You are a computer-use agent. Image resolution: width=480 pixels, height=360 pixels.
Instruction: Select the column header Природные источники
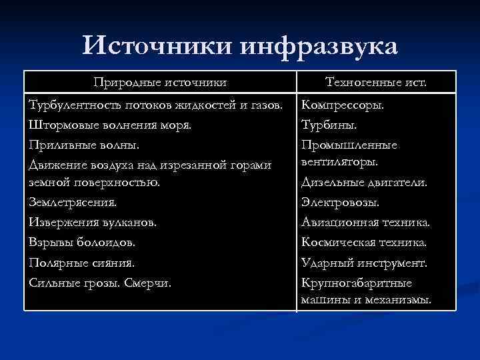(x=160, y=82)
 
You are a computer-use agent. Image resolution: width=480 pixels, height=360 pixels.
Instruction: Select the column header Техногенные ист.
(x=377, y=82)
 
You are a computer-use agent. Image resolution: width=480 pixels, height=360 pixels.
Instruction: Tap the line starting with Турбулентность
(x=156, y=105)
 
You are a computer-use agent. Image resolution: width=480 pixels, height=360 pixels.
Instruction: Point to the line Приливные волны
(x=75, y=145)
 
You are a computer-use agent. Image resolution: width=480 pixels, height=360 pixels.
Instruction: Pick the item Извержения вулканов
(x=93, y=222)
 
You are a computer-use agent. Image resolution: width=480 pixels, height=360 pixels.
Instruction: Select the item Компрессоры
(x=343, y=105)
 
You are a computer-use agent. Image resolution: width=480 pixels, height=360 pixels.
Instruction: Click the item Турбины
(x=329, y=125)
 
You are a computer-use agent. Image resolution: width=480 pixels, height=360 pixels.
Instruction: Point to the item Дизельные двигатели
(x=364, y=182)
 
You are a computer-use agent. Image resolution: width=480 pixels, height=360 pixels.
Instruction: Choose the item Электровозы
(x=340, y=202)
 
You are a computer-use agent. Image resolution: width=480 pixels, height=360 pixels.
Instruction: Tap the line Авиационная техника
(x=365, y=222)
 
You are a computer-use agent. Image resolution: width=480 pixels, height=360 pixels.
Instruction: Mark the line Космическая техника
(x=364, y=242)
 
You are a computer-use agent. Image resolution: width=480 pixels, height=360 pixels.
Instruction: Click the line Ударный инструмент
(x=364, y=262)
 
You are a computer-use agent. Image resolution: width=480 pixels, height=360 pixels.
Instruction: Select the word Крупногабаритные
(x=357, y=282)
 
